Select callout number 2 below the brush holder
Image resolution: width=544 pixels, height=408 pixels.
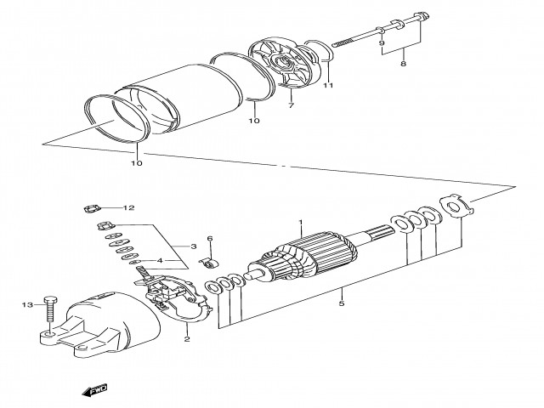point(186,338)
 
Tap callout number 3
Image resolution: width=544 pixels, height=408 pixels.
point(193,244)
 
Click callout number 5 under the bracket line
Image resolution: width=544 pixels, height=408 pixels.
point(342,302)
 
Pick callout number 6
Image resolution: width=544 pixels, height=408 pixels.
point(209,239)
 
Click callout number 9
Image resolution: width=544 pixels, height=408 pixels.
point(382,42)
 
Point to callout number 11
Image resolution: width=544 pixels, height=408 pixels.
point(328,85)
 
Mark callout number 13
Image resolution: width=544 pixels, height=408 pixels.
point(25,303)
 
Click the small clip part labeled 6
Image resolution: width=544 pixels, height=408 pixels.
point(207,259)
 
